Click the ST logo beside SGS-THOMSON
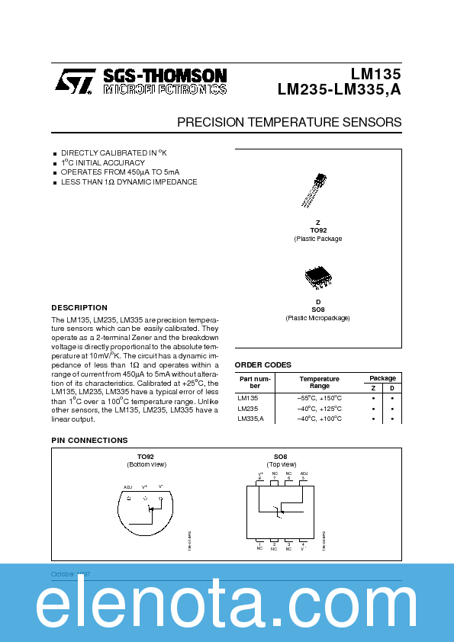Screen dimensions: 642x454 pos(75,80)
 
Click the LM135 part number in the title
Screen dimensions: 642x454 pos(375,74)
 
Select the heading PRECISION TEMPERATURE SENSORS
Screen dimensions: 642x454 pos(289,122)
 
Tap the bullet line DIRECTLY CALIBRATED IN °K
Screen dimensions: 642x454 pos(113,152)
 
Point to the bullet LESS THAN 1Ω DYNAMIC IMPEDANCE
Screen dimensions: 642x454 pos(129,182)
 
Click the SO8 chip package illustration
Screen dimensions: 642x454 pos(317,278)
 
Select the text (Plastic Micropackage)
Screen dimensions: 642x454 pos(317,317)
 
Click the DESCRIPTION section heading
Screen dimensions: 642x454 pos(79,307)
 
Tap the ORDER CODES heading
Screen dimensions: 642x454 pos(263,364)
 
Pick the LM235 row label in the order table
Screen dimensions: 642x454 pos(248,408)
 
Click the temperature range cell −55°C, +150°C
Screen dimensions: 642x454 pos(319,398)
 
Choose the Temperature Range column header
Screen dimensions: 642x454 pos(319,382)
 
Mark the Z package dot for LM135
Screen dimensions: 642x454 pos(372,398)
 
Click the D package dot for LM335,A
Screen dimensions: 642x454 pos(391,419)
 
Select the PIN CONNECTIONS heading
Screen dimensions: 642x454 pos(89,440)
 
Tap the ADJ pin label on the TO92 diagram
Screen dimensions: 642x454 pos(127,486)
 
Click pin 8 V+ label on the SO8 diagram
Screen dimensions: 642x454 pos(260,475)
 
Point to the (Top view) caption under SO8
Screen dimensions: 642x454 pos(282,464)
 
